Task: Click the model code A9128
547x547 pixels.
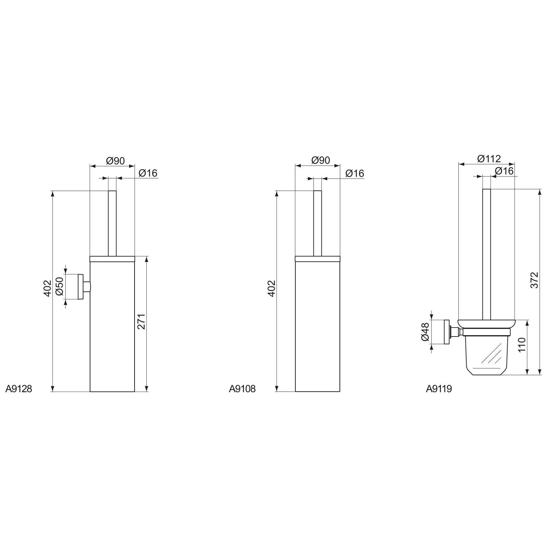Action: (x=19, y=389)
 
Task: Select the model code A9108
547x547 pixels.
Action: (x=242, y=389)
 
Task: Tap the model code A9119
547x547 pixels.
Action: (x=439, y=389)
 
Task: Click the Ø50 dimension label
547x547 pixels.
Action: (x=60, y=286)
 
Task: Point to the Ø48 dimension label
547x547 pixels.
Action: (x=425, y=332)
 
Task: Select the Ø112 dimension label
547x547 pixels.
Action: (x=489, y=159)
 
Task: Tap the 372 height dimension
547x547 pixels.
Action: (x=534, y=280)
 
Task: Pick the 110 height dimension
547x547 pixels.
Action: (x=522, y=345)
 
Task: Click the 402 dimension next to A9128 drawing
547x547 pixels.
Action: (x=47, y=288)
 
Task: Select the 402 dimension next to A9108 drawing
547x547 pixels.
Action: (x=271, y=288)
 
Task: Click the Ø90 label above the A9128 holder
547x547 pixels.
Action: (x=115, y=161)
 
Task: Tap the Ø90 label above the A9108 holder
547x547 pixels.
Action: (x=321, y=160)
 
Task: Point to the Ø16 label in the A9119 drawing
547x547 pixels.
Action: (x=504, y=171)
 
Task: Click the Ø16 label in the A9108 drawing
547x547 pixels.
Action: (x=354, y=173)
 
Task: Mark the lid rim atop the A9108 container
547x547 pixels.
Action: (x=317, y=259)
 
